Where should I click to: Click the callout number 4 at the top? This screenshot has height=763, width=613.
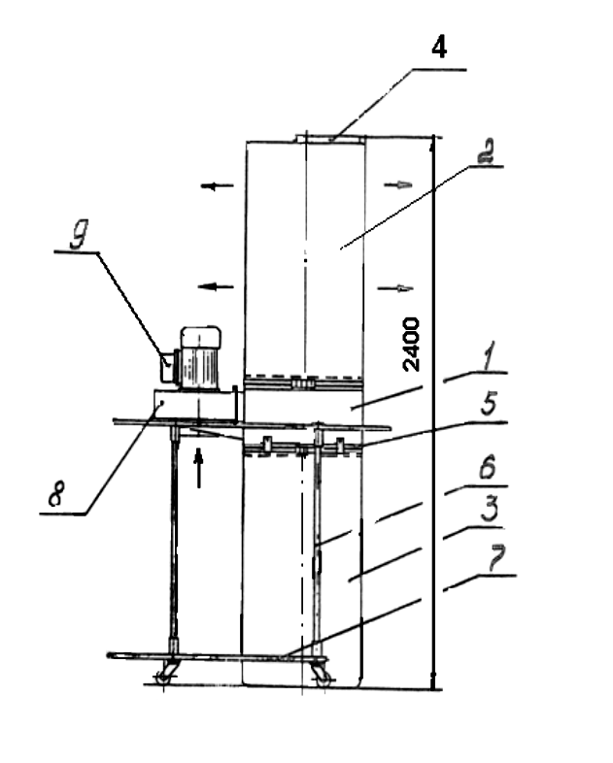(x=439, y=48)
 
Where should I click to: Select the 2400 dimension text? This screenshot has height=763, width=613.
(x=412, y=344)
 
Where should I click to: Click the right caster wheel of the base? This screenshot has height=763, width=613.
(x=321, y=671)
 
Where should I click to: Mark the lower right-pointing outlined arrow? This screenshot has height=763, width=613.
(x=400, y=285)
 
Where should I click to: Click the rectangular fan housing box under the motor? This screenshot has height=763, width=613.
(x=194, y=405)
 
